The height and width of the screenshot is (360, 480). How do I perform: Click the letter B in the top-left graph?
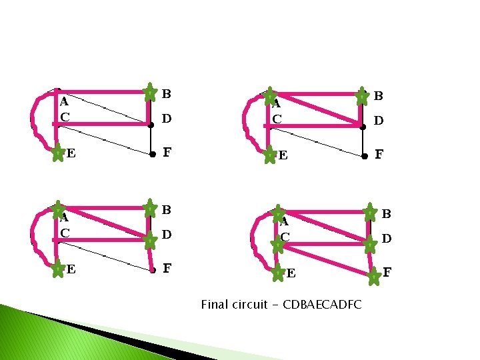tap(167, 93)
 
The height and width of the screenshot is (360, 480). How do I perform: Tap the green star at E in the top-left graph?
tap(58, 154)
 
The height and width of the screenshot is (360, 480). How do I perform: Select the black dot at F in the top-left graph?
tap(153, 153)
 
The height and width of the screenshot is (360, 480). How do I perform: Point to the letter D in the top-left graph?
tap(167, 119)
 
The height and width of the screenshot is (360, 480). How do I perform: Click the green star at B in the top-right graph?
tap(361, 96)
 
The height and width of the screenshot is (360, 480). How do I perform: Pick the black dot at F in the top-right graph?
tap(364, 157)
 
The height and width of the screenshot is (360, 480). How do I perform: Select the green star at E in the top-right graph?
tap(269, 156)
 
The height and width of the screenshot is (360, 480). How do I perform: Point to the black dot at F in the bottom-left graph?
tap(153, 271)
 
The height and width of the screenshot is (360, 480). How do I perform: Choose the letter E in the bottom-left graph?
tap(70, 270)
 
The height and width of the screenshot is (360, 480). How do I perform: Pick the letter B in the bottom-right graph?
tap(386, 214)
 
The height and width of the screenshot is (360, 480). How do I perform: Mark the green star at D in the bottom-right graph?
tap(369, 245)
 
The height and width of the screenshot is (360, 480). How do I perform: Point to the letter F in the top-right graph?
tap(379, 155)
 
